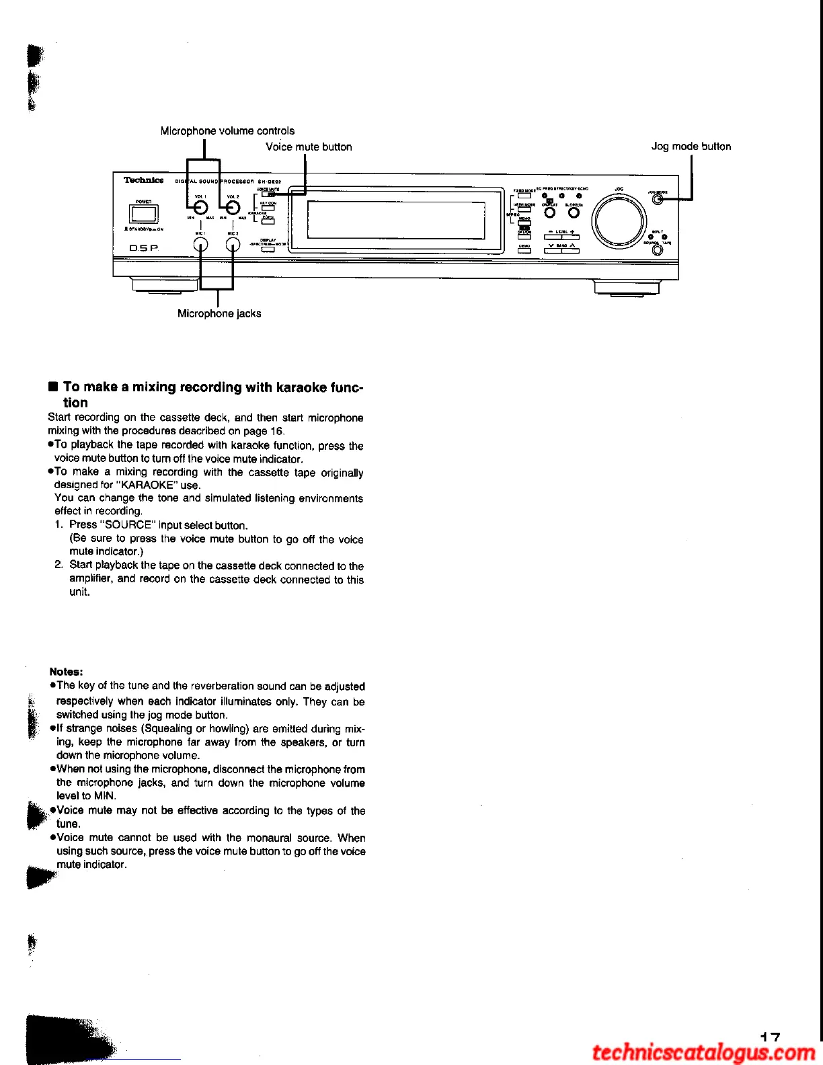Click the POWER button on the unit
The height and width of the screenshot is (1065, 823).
click(144, 214)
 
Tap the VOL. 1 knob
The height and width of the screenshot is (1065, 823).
click(200, 208)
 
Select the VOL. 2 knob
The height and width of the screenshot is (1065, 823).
click(233, 208)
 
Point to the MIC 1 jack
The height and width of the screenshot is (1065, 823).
click(200, 245)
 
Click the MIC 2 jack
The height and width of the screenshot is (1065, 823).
click(233, 245)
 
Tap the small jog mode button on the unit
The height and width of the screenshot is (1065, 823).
click(658, 198)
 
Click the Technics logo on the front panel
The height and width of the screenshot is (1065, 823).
click(143, 180)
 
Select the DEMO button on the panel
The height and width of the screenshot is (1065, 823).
click(524, 251)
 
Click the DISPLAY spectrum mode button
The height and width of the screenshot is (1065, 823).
click(268, 249)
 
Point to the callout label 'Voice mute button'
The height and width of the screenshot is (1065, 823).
click(309, 147)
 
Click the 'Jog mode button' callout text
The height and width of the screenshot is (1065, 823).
click(691, 146)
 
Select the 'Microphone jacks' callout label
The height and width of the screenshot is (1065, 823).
click(219, 313)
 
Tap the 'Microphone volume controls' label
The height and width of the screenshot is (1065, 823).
click(227, 130)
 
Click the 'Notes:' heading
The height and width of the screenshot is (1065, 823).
click(66, 672)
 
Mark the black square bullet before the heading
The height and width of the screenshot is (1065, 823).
click(53, 387)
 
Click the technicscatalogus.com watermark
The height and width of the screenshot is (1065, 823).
click(703, 1052)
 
